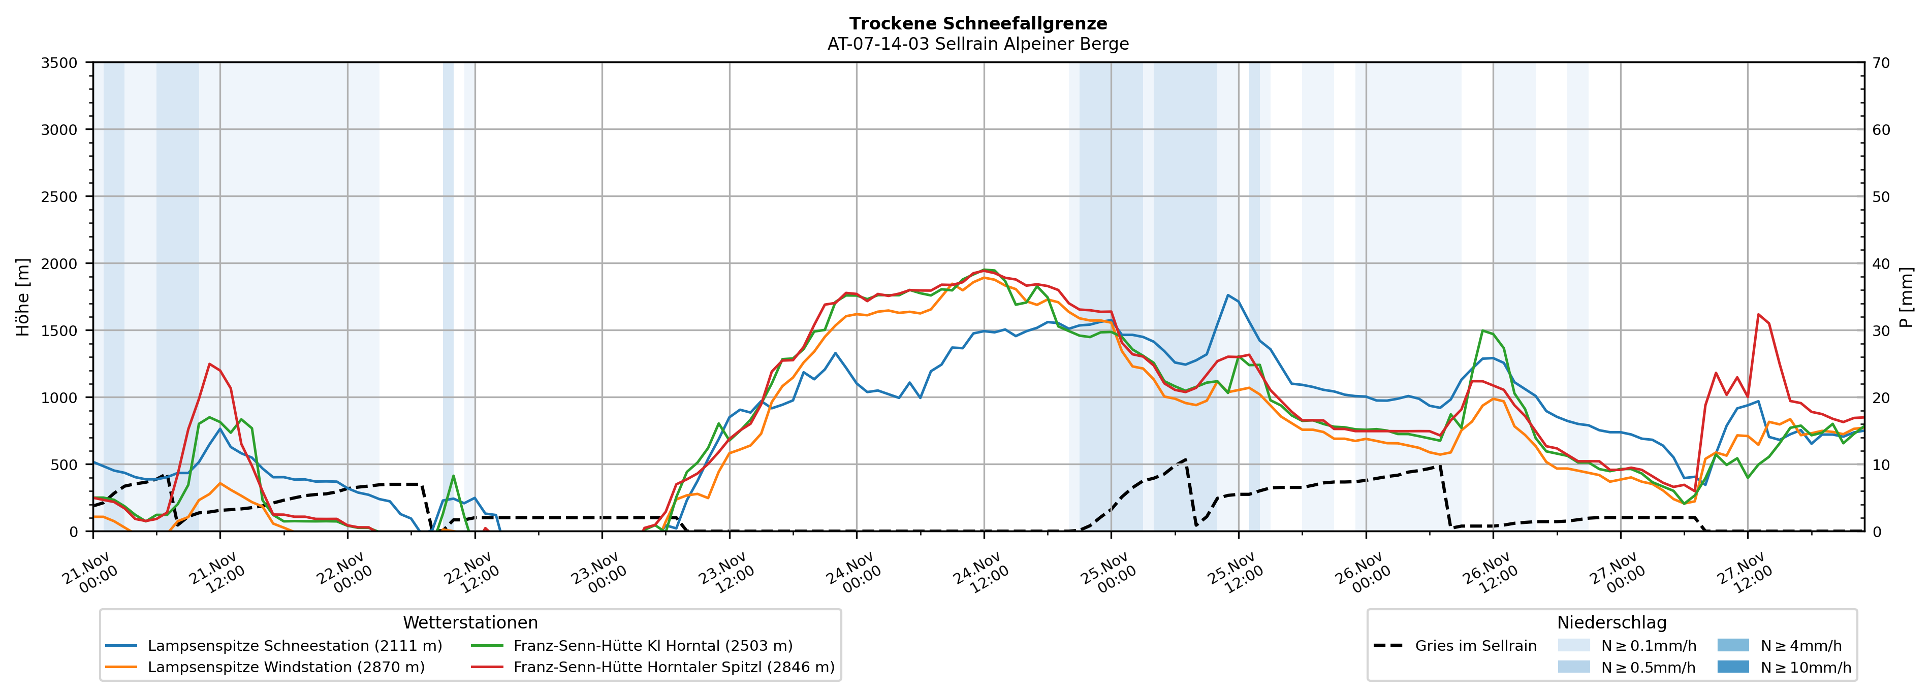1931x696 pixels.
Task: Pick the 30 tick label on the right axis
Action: point(1881,330)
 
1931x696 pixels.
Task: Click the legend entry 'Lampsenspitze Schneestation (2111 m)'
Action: point(295,646)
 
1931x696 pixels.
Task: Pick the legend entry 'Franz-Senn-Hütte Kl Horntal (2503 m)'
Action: point(652,646)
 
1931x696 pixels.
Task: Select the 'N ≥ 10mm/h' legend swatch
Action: point(1733,667)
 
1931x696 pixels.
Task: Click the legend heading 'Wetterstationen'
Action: point(470,622)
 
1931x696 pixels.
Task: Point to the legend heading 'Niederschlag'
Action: point(1611,622)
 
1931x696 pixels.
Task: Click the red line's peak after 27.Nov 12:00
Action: point(1758,315)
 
